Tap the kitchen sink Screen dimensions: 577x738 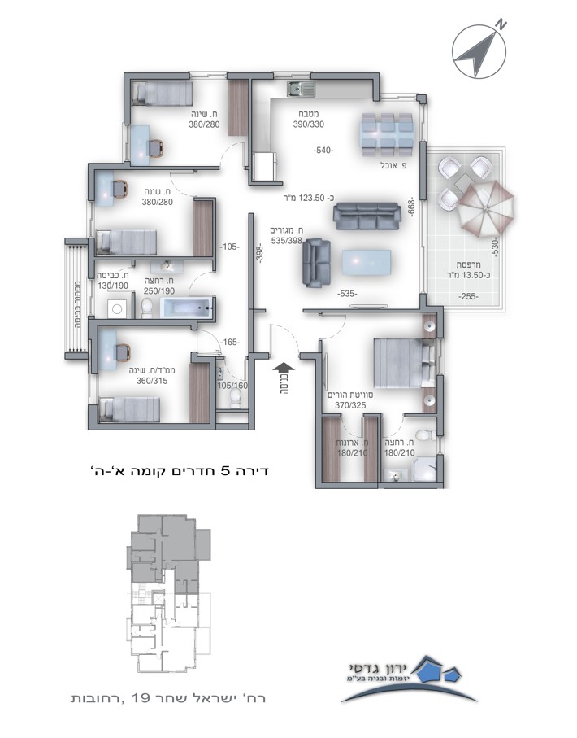pyautogui.click(x=302, y=89)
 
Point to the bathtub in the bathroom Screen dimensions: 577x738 pyautogui.click(x=187, y=308)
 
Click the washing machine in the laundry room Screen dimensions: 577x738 pyautogui.click(x=116, y=308)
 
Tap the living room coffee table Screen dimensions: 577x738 pyautogui.click(x=367, y=262)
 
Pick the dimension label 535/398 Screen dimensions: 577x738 pyautogui.click(x=286, y=241)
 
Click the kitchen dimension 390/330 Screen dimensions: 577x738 pyautogui.click(x=309, y=124)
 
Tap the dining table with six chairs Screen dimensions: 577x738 pyautogui.click(x=387, y=134)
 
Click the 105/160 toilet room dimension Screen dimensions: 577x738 pyautogui.click(x=232, y=386)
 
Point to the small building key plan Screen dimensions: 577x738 pyautogui.click(x=168, y=593)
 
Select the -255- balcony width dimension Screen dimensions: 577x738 pyautogui.click(x=468, y=296)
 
